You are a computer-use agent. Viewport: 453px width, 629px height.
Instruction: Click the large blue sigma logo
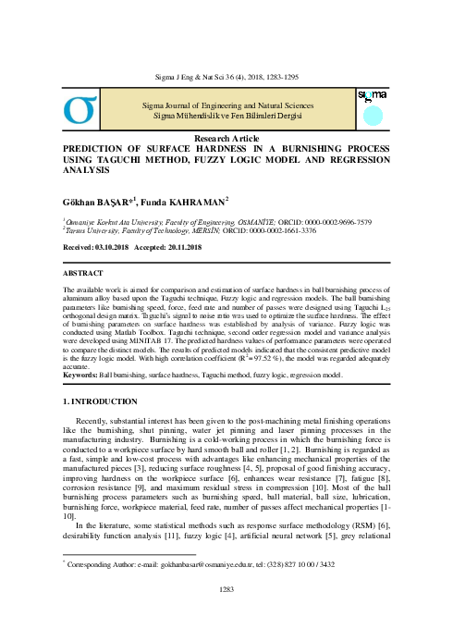pos(81,109)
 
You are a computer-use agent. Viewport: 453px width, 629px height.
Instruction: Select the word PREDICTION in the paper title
pos(102,147)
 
